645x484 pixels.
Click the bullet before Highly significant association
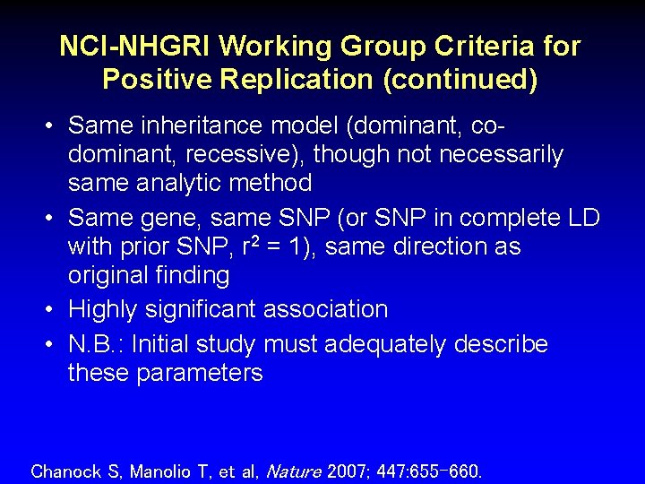(51, 310)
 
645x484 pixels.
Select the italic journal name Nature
(295, 470)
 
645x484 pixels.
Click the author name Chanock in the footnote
(65, 470)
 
